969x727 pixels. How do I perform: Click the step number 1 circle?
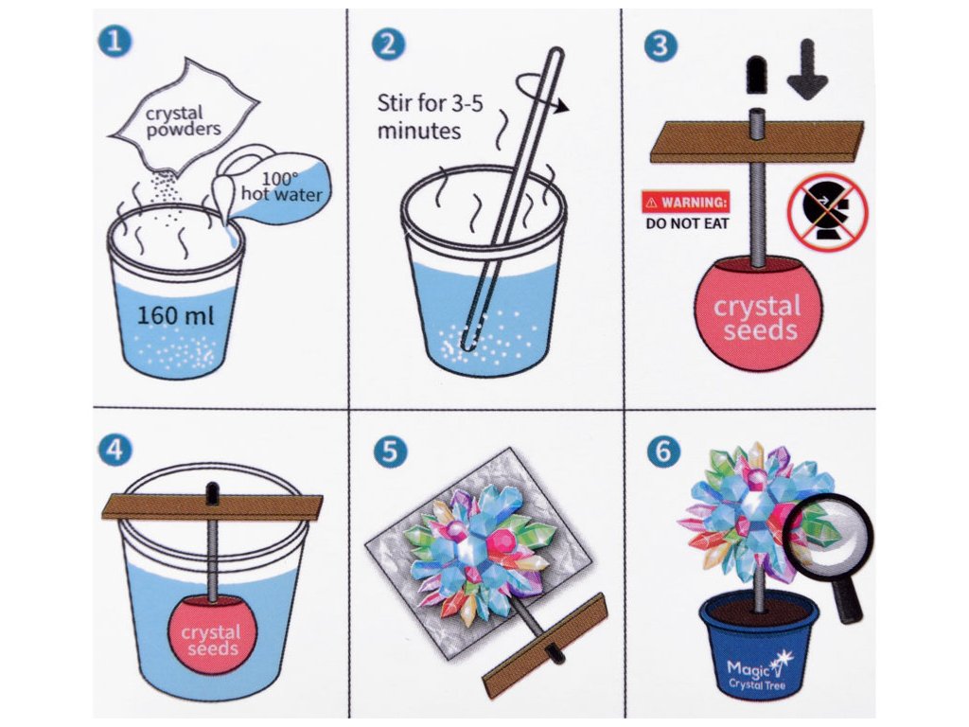115,41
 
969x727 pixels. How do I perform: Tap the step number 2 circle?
388,44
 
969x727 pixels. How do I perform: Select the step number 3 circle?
660,45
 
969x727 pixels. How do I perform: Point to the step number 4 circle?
115,450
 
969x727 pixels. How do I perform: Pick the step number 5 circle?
390,452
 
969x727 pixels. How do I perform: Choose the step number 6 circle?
663,451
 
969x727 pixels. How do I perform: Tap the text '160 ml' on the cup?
175,316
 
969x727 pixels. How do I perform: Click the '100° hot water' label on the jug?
282,186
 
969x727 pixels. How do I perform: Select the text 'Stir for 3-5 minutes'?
431,116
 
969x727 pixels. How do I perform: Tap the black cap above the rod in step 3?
756,74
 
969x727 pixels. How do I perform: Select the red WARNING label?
686,203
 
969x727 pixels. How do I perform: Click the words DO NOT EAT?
687,223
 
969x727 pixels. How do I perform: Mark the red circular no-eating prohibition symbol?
827,212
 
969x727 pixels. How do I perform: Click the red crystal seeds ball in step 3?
759,314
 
